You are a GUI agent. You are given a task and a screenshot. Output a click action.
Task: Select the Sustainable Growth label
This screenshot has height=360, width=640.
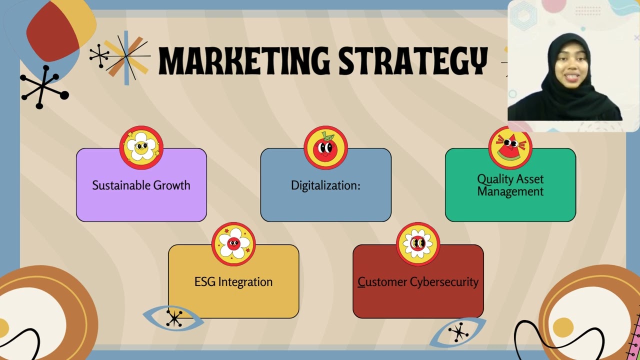pos(141,185)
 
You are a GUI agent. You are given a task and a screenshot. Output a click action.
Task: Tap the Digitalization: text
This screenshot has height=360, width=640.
pos(325,185)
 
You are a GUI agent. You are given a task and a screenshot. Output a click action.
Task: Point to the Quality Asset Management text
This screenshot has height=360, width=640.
pos(510,185)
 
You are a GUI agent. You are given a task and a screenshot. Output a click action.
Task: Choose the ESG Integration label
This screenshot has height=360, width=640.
pos(233,282)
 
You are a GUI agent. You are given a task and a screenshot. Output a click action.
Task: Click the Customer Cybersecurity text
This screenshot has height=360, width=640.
pos(418,282)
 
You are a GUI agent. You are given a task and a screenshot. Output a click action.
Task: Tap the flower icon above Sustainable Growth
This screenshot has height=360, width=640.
pos(141,147)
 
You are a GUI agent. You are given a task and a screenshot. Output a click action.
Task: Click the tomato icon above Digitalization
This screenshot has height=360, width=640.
pos(325,147)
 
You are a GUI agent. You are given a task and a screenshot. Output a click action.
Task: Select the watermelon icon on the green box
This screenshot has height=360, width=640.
pos(510,147)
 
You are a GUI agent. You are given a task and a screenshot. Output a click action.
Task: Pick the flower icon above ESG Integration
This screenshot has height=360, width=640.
pos(233,244)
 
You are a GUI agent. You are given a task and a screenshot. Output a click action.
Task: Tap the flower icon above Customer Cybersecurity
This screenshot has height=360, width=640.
pos(418,244)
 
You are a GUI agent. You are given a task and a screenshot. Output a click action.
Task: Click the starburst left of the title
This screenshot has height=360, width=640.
pos(127,57)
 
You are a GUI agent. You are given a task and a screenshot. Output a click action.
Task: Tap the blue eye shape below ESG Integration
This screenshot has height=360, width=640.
pos(173,318)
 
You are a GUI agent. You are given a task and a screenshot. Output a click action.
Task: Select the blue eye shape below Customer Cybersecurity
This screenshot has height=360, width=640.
pos(457,332)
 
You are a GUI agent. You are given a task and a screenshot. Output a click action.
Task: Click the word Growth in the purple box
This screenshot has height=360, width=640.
pos(171,185)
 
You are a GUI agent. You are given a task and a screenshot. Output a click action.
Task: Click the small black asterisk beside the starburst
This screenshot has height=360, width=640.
pos(99,56)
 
